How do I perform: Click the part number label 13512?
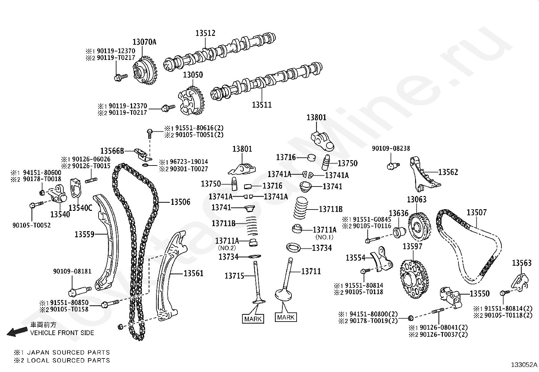tap(205, 33)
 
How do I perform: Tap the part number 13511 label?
tap(262, 105)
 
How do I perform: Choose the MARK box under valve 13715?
tap(253, 319)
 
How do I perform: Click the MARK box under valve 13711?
tap(286, 317)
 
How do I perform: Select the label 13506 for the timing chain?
tap(180, 202)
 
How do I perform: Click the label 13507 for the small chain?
tap(476, 212)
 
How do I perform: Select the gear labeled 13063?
tap(418, 226)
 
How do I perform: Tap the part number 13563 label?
tap(521, 263)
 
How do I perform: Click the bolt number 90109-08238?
tap(391, 148)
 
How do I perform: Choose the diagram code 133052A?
tap(524, 365)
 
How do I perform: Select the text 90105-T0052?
tap(31, 225)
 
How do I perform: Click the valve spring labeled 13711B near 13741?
tap(301, 208)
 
